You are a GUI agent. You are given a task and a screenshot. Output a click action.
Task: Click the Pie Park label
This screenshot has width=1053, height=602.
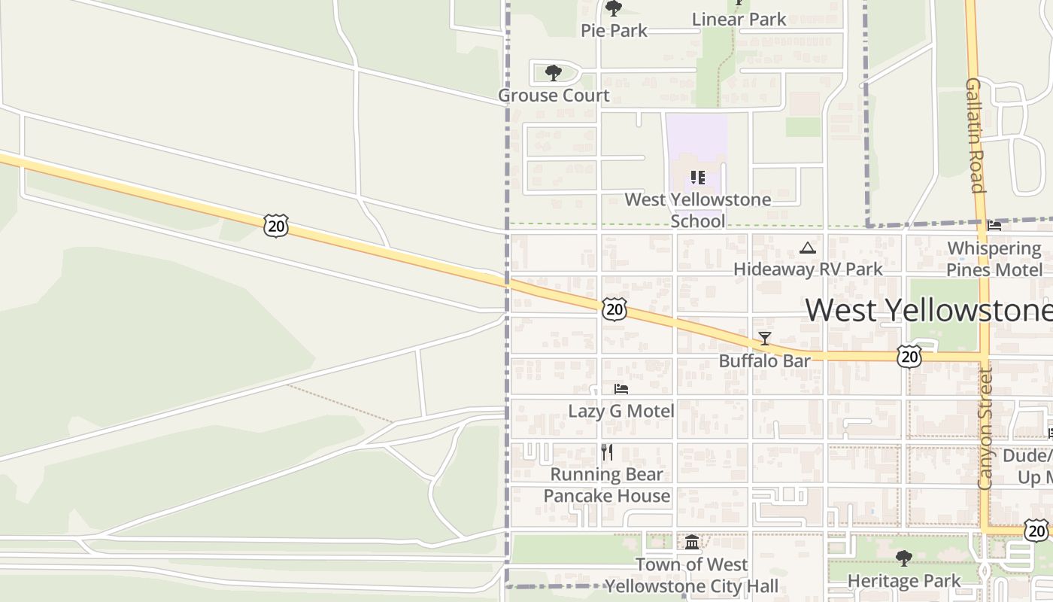click(614, 31)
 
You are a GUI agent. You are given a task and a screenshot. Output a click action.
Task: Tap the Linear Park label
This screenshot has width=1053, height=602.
click(739, 20)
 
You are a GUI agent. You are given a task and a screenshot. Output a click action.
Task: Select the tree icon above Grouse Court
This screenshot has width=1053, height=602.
click(554, 73)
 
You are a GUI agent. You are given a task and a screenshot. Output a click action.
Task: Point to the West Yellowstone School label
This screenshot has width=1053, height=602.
click(698, 210)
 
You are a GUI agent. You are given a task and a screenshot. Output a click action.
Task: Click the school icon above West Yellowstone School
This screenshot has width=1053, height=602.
click(697, 178)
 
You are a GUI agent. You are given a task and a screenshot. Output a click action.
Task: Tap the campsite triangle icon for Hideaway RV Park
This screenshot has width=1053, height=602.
click(807, 248)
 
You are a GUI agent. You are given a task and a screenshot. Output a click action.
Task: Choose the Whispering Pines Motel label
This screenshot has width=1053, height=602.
click(994, 259)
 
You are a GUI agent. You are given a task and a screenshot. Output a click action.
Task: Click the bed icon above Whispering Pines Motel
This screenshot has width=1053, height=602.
click(994, 225)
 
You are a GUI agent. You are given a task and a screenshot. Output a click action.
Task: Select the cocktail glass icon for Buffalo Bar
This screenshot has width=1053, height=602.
click(765, 339)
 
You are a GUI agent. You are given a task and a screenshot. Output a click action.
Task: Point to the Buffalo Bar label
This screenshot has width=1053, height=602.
click(765, 360)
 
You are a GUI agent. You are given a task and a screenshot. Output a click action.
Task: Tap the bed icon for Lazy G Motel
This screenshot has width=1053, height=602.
click(621, 389)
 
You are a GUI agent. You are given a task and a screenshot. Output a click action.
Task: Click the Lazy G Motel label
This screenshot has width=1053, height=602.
click(621, 411)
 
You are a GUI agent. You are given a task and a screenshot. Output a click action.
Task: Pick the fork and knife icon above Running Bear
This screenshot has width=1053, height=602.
click(607, 452)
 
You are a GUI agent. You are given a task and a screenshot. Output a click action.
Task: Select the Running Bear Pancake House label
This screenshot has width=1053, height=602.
click(607, 485)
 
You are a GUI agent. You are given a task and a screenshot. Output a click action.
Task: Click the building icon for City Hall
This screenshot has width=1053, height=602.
click(692, 542)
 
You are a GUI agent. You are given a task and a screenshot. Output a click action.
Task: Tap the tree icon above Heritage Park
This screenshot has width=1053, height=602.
click(904, 558)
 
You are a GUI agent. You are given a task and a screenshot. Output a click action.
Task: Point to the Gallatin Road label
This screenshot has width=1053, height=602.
click(976, 135)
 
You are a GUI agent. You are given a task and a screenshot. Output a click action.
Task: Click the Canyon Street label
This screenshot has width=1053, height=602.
click(986, 429)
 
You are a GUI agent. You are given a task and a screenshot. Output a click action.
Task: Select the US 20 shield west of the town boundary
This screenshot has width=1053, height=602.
click(276, 225)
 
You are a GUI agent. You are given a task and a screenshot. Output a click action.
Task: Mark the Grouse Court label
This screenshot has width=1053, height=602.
click(554, 96)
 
